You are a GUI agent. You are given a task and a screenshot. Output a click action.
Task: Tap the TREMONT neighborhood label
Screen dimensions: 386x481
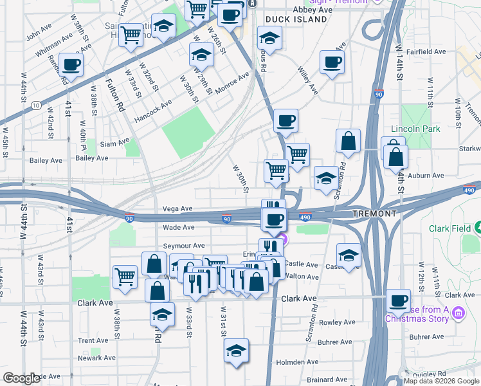coord(374,213)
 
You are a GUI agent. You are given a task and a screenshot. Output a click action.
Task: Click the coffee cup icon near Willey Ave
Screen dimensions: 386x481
coord(332,62)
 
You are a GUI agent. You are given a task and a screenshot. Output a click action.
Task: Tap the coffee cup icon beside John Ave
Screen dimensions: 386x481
coord(71,64)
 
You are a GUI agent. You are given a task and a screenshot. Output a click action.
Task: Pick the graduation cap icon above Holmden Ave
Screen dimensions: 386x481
coord(236,351)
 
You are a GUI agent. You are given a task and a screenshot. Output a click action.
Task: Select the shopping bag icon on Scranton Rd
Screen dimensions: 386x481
coord(348,142)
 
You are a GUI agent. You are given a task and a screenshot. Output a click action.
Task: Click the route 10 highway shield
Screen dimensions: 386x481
coord(37,105)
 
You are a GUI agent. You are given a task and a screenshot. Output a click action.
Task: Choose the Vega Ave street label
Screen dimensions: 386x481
coord(178,208)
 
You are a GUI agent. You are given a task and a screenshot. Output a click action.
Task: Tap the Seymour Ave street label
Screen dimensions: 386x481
coord(183,246)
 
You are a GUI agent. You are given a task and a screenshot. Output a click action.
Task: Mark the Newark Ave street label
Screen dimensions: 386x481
coord(96,358)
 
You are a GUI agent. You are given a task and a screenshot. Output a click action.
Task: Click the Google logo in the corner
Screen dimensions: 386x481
coord(22,378)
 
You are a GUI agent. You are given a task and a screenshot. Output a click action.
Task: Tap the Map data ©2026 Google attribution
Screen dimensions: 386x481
coord(440,381)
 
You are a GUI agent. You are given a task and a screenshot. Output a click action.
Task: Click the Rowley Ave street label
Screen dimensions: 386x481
coord(337,322)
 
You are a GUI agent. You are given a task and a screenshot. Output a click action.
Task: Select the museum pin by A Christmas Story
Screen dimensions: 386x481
coord(458,313)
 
